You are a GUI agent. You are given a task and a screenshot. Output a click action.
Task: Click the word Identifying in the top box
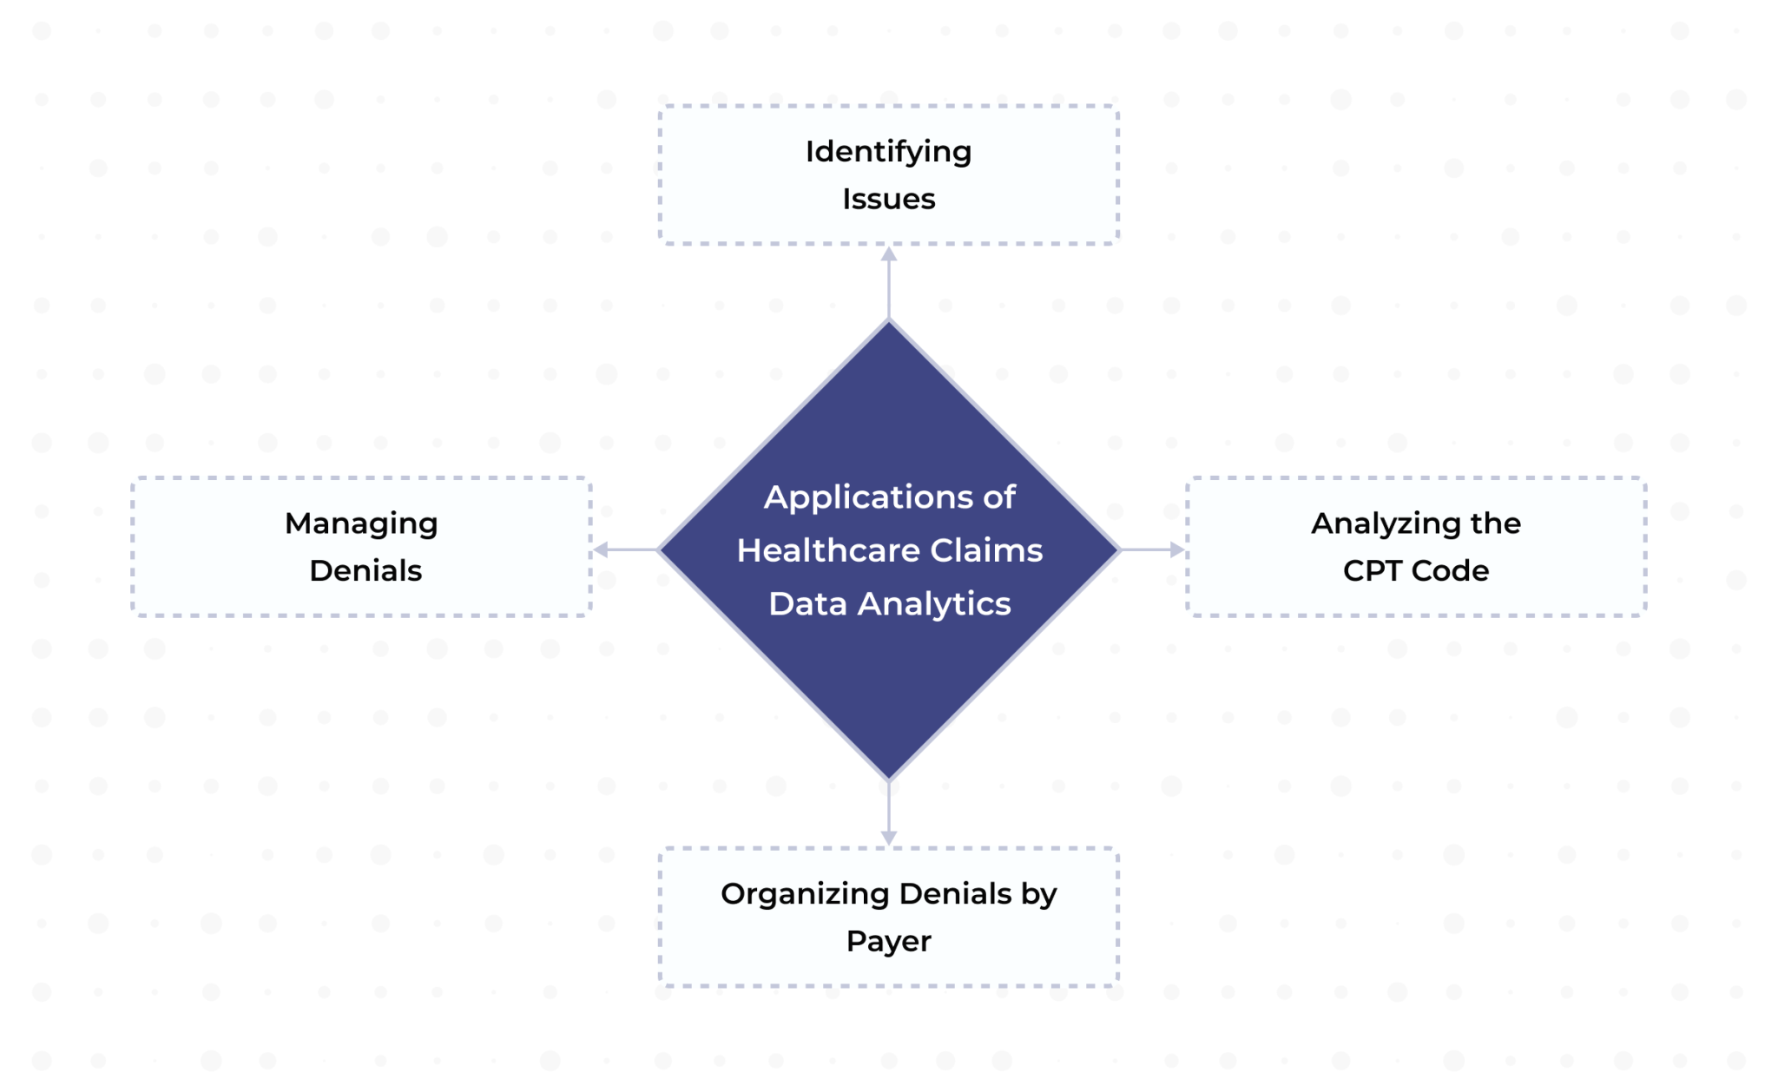(888, 152)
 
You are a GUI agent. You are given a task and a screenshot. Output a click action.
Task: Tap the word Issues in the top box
(888, 199)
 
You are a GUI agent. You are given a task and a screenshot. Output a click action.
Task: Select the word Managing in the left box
(361, 523)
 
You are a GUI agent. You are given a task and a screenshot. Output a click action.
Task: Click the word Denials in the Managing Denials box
(365, 570)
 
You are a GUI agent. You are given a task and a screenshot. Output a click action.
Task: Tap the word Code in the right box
(1450, 570)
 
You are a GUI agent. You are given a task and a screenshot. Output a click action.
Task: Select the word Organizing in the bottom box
(805, 894)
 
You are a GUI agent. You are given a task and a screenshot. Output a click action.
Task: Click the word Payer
(888, 941)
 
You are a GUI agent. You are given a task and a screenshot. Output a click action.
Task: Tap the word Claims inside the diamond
(986, 550)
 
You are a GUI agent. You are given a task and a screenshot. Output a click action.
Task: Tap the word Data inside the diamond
(807, 604)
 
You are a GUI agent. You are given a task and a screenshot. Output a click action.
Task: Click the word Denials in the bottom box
(955, 894)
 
